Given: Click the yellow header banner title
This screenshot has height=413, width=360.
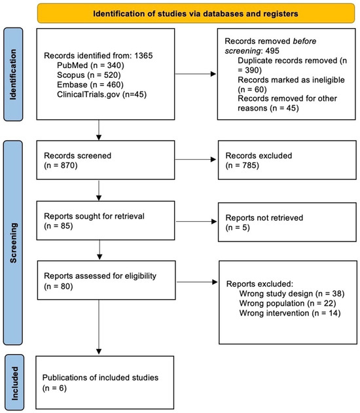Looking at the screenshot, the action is pyautogui.click(x=196, y=14).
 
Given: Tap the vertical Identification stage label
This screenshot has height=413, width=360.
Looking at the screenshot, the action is pyautogui.click(x=13, y=75).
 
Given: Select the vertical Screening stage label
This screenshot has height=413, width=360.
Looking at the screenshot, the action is pyautogui.click(x=13, y=243).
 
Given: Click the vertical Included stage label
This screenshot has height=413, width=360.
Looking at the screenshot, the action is pyautogui.click(x=15, y=384).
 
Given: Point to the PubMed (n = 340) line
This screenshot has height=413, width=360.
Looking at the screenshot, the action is pyautogui.click(x=90, y=65).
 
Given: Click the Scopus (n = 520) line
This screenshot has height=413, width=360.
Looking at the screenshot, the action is pyautogui.click(x=89, y=75).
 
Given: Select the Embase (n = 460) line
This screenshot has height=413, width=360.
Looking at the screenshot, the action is pyautogui.click(x=90, y=84).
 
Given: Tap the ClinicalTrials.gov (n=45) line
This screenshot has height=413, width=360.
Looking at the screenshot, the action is pyautogui.click(x=101, y=94).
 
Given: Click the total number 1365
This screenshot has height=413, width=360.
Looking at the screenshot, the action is pyautogui.click(x=143, y=56).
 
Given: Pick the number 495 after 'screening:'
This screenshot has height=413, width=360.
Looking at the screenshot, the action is pyautogui.click(x=272, y=50).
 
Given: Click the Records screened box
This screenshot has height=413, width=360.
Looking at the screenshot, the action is pyautogui.click(x=105, y=160).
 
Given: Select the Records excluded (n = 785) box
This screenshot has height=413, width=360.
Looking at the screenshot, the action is pyautogui.click(x=287, y=160).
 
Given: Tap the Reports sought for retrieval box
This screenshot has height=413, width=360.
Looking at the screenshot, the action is pyautogui.click(x=105, y=221).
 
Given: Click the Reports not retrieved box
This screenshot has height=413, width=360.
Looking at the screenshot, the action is pyautogui.click(x=287, y=222).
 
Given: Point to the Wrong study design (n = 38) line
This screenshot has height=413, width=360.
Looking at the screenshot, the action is pyautogui.click(x=292, y=293).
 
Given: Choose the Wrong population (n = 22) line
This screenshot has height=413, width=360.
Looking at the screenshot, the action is pyautogui.click(x=287, y=303).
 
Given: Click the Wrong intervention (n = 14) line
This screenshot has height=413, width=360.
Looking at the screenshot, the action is pyautogui.click(x=290, y=313).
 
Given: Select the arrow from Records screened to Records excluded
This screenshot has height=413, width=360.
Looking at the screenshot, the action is pyautogui.click(x=196, y=159).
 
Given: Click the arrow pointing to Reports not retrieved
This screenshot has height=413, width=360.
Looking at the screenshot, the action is pyautogui.click(x=196, y=221).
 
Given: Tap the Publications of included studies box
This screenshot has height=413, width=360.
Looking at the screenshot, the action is pyautogui.click(x=105, y=382).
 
